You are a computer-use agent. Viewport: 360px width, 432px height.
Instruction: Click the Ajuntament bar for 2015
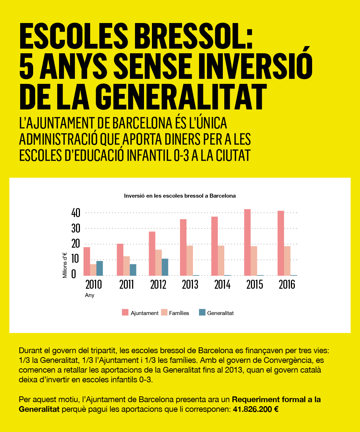tap(247, 242)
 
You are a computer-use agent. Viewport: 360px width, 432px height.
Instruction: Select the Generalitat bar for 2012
tap(165, 267)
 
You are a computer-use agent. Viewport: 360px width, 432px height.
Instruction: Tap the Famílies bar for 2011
tap(127, 266)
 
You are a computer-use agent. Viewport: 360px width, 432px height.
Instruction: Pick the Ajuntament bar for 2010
tap(87, 261)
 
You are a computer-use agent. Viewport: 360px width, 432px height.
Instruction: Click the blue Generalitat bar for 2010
tap(100, 268)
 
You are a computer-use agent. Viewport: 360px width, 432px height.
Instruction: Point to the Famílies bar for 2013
tap(190, 261)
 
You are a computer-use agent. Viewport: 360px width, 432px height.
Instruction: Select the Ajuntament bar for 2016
tap(281, 243)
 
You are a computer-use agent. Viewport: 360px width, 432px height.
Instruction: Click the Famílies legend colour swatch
tap(164, 312)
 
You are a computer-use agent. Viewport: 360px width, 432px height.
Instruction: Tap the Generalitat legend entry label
tap(220, 313)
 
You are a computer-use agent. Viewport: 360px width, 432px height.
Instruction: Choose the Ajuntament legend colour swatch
tap(125, 312)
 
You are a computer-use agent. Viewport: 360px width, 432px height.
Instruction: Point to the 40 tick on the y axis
tap(76, 213)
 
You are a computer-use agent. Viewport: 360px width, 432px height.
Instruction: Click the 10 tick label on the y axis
tap(75, 259)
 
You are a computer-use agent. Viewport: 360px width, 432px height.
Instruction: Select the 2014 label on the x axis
tap(222, 284)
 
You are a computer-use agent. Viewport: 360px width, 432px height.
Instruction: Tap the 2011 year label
tap(127, 284)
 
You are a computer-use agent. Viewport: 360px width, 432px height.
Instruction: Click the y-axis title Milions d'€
tap(65, 265)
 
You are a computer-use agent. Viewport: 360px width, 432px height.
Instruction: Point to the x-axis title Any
tap(90, 296)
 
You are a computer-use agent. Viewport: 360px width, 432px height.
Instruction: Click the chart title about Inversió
tap(180, 196)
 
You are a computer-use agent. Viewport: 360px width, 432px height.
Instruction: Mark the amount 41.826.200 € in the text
tap(256, 409)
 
